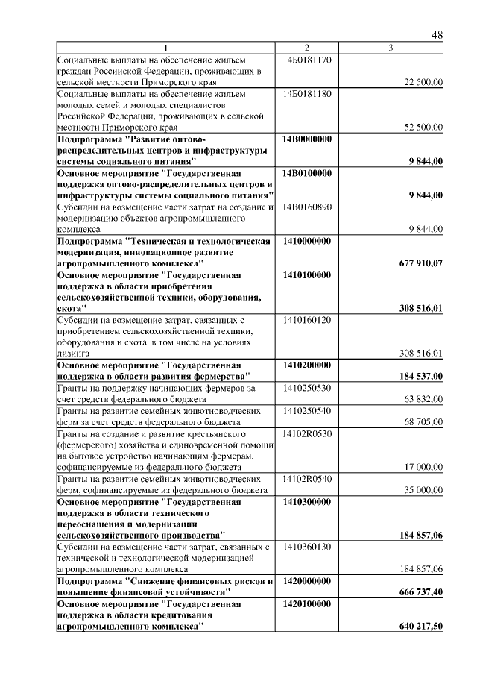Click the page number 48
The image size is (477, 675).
pos(437,35)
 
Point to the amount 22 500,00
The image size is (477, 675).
pos(423,82)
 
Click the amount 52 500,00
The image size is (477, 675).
pos(423,128)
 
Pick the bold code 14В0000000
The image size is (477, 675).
pos(307,139)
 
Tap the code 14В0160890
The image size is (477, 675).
pos(307,207)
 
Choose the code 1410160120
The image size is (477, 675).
pos(307,319)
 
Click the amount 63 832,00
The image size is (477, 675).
pos(423,398)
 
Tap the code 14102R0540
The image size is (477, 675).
pos(307,477)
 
